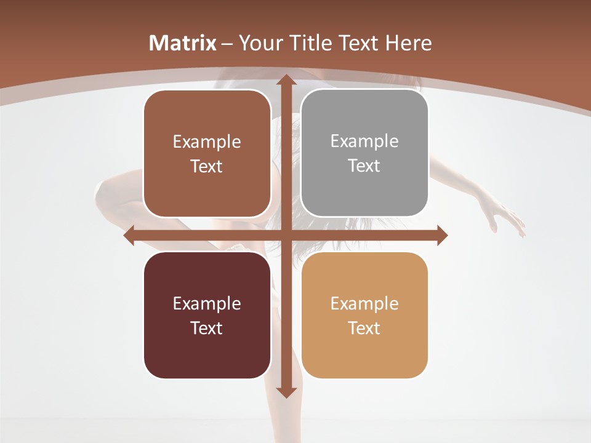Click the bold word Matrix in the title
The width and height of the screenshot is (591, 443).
coord(183,43)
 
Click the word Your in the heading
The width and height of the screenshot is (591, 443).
coord(261,43)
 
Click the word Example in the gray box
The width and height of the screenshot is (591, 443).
coord(364,142)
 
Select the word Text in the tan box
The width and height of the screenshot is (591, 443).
coord(364,328)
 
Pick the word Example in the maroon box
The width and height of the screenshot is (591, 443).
coord(207,303)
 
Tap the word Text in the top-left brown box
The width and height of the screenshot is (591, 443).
coord(207,166)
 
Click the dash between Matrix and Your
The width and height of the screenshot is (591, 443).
coord(227,44)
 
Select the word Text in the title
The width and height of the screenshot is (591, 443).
coord(361,43)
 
